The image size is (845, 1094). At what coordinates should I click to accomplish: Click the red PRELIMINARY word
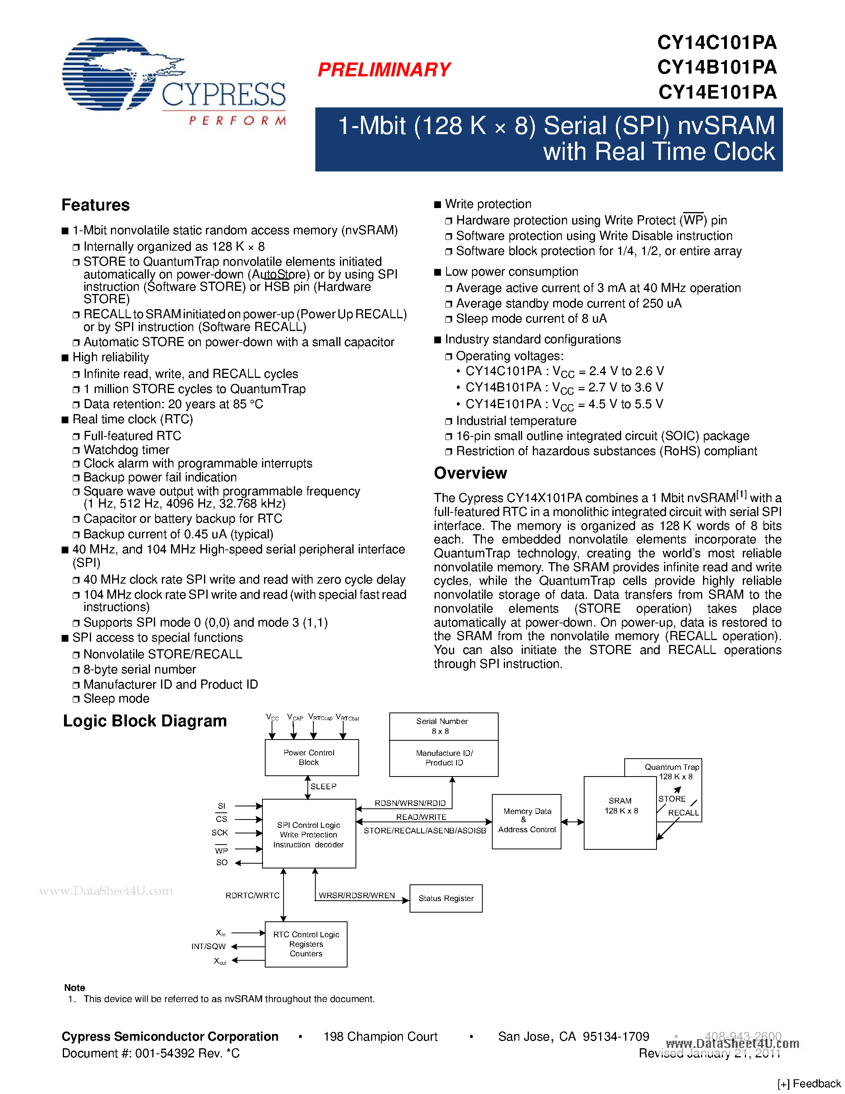tap(384, 70)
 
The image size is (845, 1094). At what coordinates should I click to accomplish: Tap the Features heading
tap(95, 205)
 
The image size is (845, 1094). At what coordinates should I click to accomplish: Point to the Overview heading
tap(470, 473)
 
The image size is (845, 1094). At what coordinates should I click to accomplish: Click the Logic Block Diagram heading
tap(145, 721)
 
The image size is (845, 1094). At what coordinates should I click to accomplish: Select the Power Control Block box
tap(311, 757)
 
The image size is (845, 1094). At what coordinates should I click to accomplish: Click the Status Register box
tap(445, 898)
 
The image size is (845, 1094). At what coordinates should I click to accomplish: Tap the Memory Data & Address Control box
tap(526, 821)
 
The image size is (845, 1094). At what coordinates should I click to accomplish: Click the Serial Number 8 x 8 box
tap(443, 726)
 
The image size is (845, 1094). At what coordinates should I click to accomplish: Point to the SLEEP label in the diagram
tap(323, 786)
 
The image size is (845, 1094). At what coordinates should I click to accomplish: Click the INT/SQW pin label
tap(208, 946)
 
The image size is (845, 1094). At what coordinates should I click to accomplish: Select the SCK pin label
tap(220, 833)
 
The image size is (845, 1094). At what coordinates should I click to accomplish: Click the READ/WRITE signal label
tap(421, 817)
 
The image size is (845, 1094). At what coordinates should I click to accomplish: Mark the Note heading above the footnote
tap(75, 988)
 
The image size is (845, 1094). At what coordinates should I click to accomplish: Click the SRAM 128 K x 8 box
tap(620, 812)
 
